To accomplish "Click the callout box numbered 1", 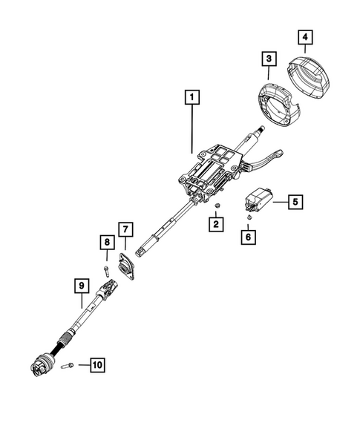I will click(x=192, y=96).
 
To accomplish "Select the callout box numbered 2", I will click(x=215, y=222).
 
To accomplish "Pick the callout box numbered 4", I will click(x=305, y=36).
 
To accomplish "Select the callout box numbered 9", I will click(x=80, y=284).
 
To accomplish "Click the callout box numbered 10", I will click(x=97, y=364).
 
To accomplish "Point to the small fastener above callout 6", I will click(x=250, y=218).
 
